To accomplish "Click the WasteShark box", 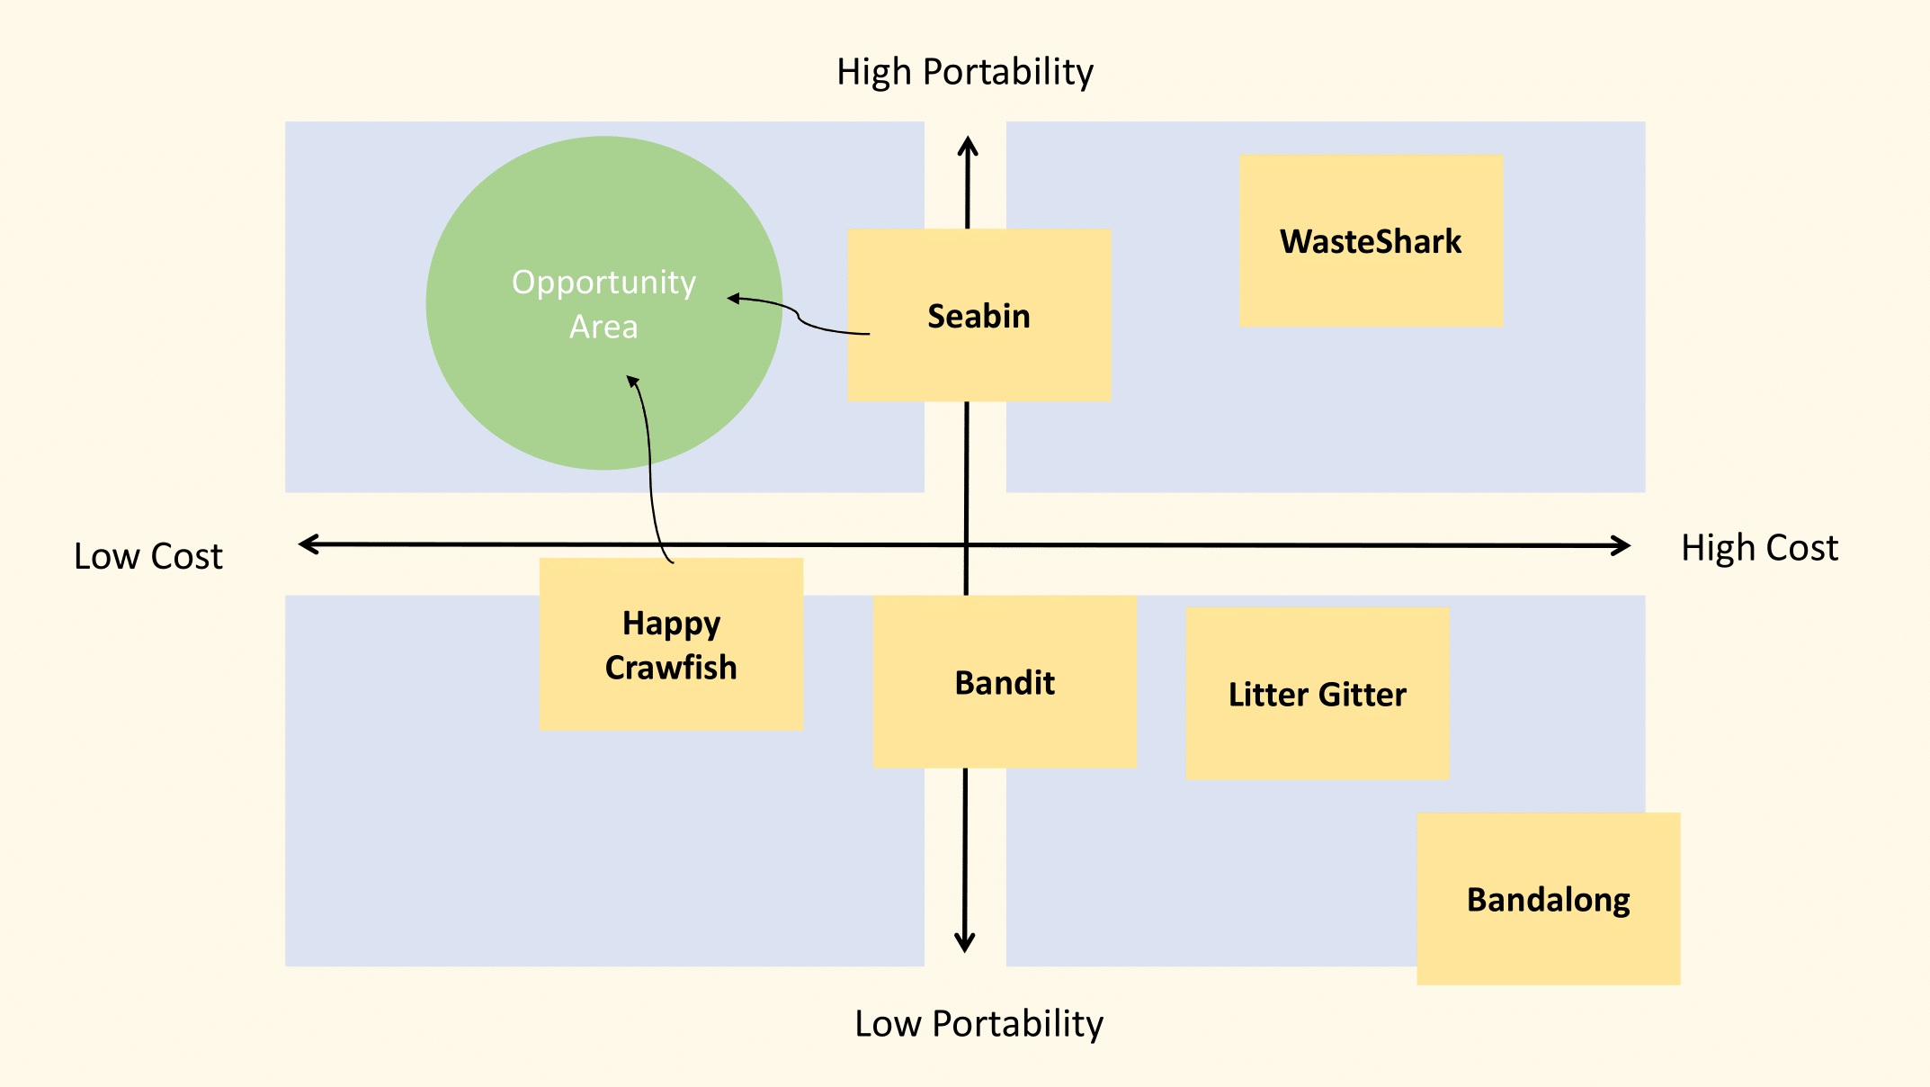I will (1371, 241).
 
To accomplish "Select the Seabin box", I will (978, 316).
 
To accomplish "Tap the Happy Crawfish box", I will (671, 644).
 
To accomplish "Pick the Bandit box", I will (1005, 682).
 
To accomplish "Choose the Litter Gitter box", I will (1317, 694).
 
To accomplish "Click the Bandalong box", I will (1548, 899).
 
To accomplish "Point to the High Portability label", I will (964, 72).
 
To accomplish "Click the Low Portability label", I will (978, 1023).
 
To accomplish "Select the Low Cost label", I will (147, 556).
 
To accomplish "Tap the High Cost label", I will (1759, 548).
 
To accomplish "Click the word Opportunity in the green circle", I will (603, 283).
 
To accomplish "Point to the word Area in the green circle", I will (603, 327).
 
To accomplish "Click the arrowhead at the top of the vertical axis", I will (968, 144).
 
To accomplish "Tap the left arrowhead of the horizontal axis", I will (308, 543).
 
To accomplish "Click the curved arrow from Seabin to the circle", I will (798, 314).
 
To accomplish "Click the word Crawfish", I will (671, 668).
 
